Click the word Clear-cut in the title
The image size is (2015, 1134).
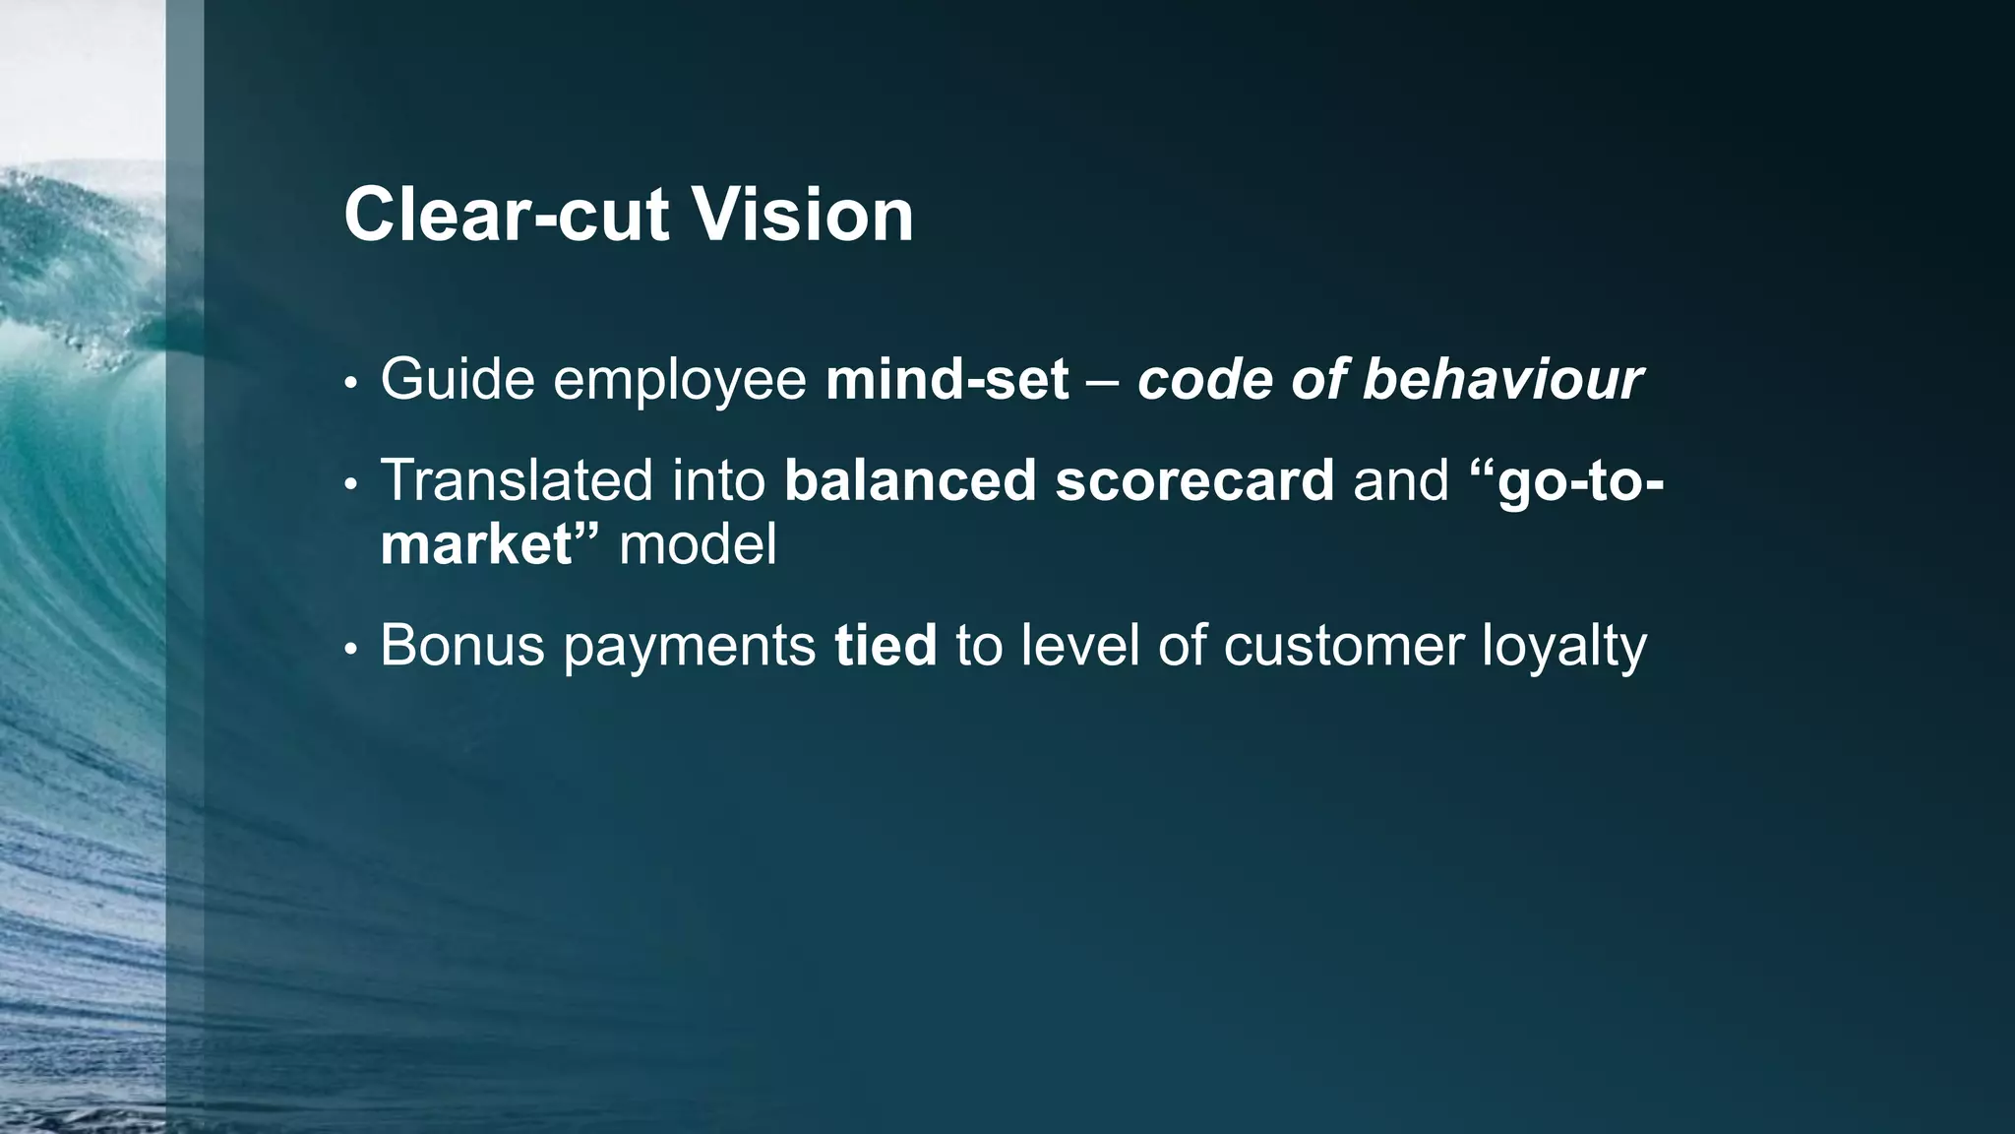pos(506,215)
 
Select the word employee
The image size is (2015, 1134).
pos(680,381)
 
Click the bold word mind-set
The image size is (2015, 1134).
pos(946,379)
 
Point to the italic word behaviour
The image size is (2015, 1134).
pos(1502,379)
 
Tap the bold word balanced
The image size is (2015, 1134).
pos(910,480)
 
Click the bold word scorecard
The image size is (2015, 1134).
pos(1194,480)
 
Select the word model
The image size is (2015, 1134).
pos(698,544)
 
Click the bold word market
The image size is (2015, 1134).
pos(476,544)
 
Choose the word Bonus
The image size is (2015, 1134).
pos(462,646)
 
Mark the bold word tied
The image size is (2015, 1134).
pos(885,646)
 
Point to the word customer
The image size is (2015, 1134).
pos(1344,646)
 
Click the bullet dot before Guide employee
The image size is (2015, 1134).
pos(349,384)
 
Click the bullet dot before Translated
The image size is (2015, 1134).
pos(349,485)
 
